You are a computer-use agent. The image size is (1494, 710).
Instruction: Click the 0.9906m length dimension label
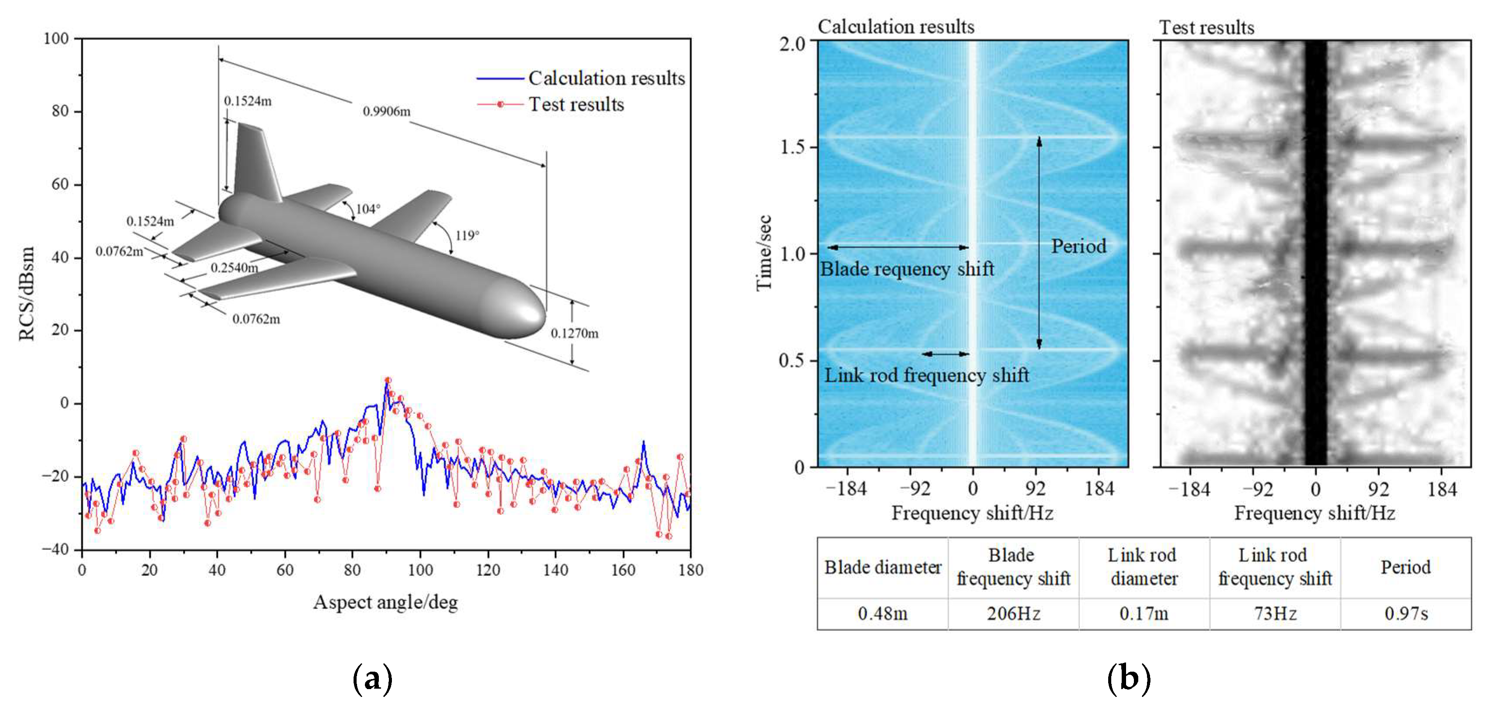[386, 111]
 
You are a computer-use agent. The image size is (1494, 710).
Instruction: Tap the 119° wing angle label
[467, 235]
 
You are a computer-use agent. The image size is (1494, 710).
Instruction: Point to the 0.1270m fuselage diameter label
[574, 333]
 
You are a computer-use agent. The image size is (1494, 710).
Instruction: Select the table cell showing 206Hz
[1013, 613]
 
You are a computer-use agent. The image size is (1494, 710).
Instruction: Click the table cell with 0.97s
[1406, 613]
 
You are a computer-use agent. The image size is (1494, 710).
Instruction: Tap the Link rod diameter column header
[1143, 567]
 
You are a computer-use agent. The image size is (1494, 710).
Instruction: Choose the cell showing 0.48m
[882, 613]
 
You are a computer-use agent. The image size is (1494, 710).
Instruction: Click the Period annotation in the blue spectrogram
[1078, 247]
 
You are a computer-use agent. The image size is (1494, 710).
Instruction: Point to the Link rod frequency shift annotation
[926, 375]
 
